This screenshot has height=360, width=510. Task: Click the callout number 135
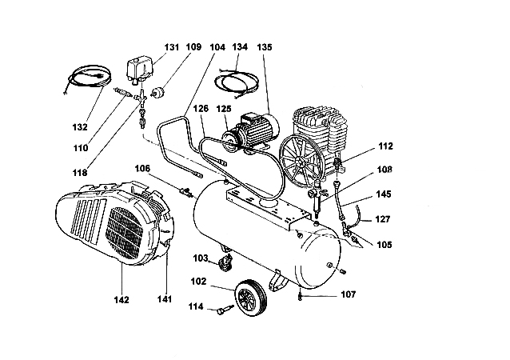coord(265,47)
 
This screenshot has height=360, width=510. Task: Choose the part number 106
coord(142,168)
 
